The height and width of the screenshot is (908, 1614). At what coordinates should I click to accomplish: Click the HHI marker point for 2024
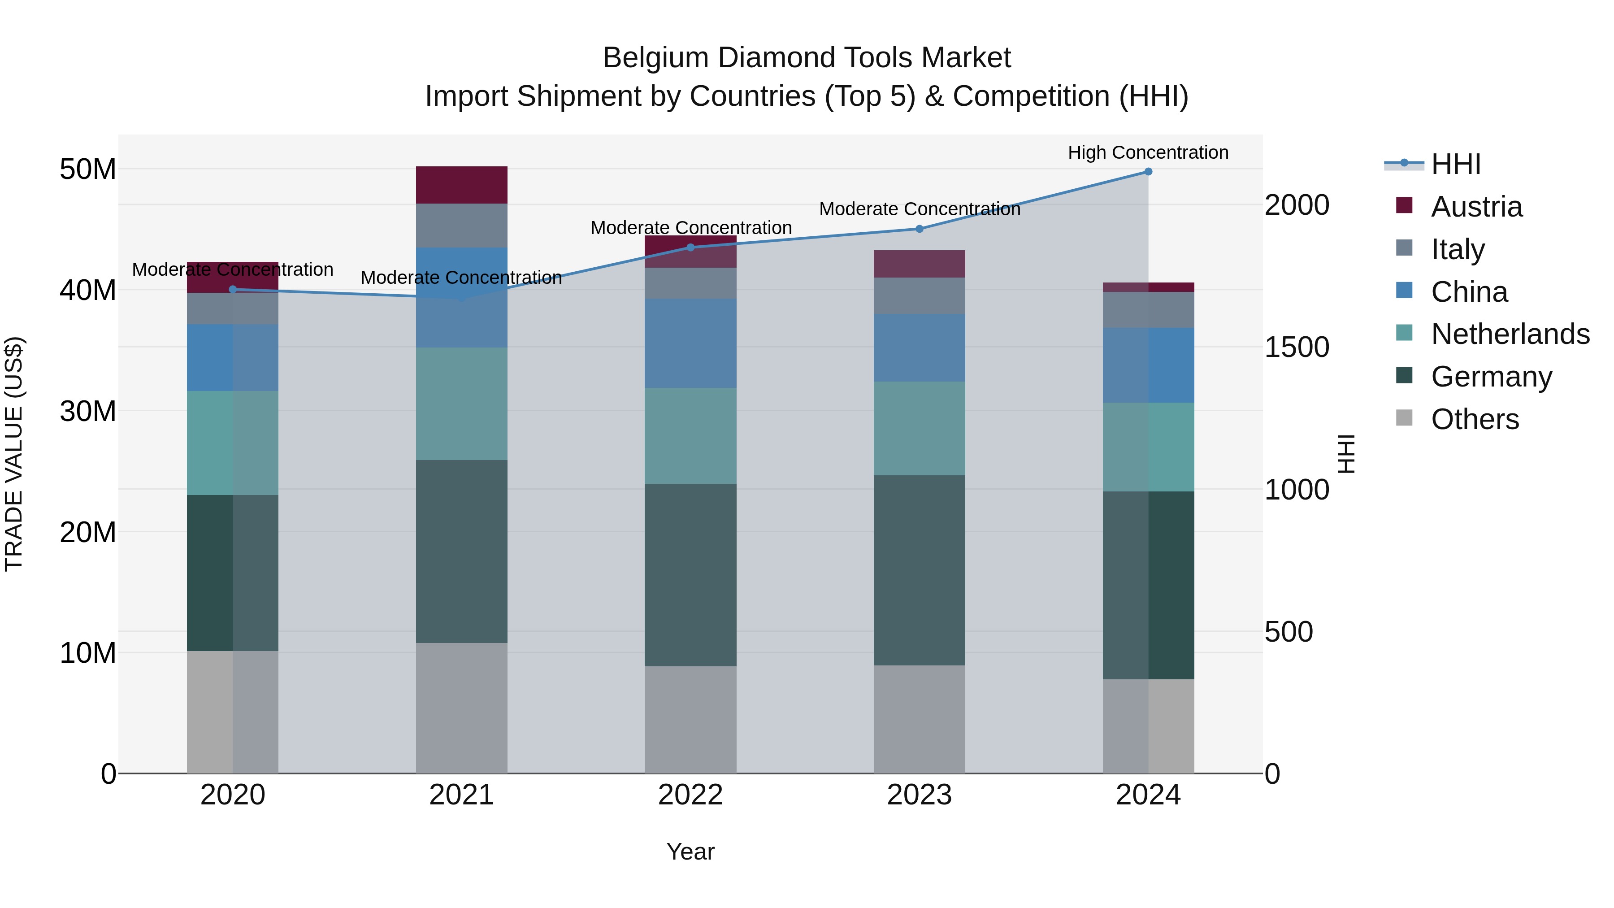coord(1148,172)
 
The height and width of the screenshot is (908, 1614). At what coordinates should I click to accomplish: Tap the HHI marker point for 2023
coord(919,229)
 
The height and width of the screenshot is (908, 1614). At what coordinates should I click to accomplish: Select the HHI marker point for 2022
coord(690,248)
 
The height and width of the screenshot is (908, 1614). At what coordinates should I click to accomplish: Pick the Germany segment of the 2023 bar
coord(919,570)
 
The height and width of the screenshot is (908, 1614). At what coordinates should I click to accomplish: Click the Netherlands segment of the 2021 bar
coord(462,404)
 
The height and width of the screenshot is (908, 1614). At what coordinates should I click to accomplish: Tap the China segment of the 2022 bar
coord(690,343)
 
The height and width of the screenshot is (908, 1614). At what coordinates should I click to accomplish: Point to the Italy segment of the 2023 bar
coord(919,296)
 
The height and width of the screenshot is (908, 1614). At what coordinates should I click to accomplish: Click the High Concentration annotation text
coord(1148,152)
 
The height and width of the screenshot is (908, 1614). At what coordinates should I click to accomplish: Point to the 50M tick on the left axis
coord(88,169)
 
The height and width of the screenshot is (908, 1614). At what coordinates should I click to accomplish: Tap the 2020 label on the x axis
coord(232,795)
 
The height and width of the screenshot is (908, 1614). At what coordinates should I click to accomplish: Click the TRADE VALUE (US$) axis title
coord(14,454)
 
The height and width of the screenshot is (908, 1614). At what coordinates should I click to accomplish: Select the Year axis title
coord(690,852)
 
